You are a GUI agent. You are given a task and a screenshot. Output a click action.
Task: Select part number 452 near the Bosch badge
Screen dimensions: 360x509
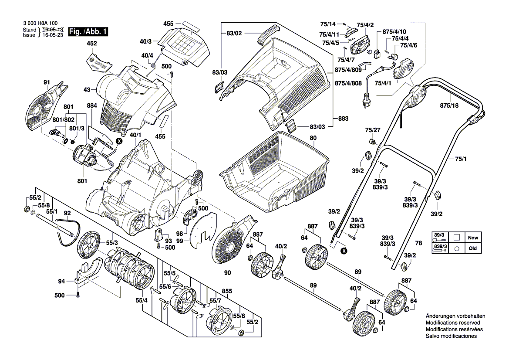pyautogui.click(x=92, y=44)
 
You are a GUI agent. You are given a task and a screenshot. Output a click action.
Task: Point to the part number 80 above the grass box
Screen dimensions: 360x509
pyautogui.click(x=313, y=138)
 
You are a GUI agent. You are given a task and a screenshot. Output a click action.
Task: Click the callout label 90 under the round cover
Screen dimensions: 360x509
pyautogui.click(x=227, y=273)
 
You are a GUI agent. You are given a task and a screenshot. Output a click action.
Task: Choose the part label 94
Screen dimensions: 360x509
pyautogui.click(x=61, y=281)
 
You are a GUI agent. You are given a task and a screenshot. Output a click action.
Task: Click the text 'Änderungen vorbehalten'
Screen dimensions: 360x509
pyautogui.click(x=455, y=316)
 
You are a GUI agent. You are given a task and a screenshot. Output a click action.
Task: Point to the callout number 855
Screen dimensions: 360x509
pyautogui.click(x=227, y=291)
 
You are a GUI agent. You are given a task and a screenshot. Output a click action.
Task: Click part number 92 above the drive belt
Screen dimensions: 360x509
pyautogui.click(x=67, y=214)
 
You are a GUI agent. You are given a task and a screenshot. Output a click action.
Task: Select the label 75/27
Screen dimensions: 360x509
pyautogui.click(x=372, y=130)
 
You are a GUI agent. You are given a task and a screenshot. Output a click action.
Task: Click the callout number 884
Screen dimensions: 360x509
pyautogui.click(x=92, y=105)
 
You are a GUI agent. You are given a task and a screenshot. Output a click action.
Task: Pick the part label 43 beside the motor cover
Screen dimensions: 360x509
pyautogui.click(x=87, y=90)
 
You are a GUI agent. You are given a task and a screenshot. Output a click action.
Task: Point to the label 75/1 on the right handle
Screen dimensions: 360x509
pyautogui.click(x=461, y=159)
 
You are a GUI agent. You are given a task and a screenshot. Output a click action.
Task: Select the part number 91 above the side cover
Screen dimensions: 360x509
pyautogui.click(x=47, y=82)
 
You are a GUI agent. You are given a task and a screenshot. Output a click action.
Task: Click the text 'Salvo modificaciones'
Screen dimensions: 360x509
pyautogui.click(x=451, y=336)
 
